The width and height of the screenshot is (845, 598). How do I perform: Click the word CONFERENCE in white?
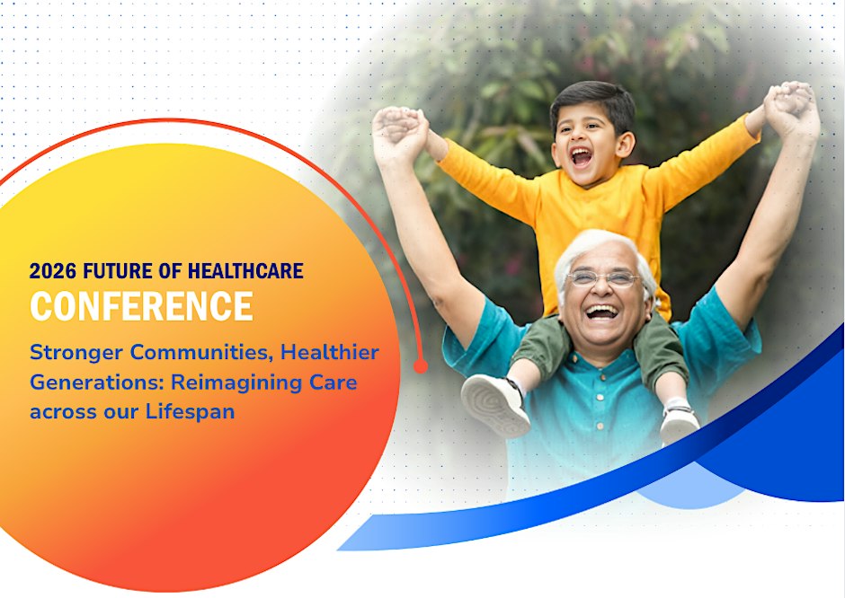(141, 306)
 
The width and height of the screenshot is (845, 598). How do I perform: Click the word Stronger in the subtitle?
(76, 353)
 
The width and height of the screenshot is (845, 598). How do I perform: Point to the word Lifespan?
(191, 412)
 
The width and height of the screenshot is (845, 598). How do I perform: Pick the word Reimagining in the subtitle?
(236, 383)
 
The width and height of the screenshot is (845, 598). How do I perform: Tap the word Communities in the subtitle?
(200, 353)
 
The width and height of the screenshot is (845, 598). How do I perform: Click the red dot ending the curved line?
(421, 366)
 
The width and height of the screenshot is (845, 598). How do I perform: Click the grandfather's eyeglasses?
(602, 278)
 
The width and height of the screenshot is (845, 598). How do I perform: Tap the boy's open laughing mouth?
(582, 156)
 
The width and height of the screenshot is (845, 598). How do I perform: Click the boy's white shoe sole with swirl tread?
(494, 406)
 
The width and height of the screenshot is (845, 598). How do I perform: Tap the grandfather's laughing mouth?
(600, 312)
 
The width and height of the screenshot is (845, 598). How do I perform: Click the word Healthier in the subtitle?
(330, 353)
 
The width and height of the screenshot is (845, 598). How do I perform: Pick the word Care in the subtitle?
(333, 383)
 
